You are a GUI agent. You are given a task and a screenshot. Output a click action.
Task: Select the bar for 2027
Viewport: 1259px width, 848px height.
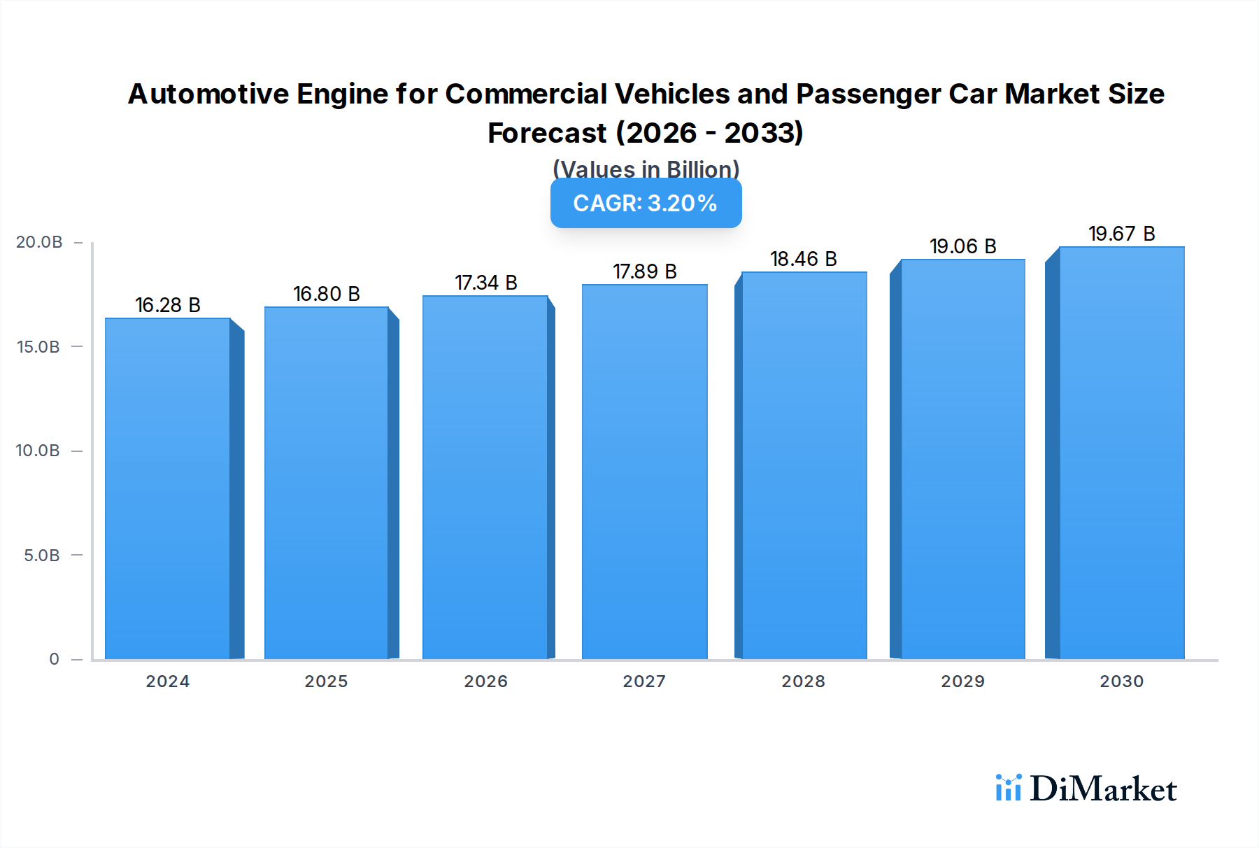(x=644, y=472)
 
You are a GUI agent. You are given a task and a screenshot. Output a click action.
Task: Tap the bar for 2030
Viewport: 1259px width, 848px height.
(x=1121, y=453)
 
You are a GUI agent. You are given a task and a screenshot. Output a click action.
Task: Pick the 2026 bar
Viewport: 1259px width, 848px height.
(x=485, y=477)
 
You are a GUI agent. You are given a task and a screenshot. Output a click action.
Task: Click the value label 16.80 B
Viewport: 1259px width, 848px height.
(x=326, y=294)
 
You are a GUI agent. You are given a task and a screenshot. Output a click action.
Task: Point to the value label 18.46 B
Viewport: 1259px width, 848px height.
(x=803, y=259)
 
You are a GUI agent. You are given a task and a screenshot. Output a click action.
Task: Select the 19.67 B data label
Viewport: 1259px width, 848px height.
(x=1121, y=234)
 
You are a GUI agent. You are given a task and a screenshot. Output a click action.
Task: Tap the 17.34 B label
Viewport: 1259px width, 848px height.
(x=485, y=283)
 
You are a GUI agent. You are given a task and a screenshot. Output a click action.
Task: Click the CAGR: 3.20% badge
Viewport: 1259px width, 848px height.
(x=646, y=203)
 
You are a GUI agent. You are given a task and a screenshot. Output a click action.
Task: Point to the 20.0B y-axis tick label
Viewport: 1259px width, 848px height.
(x=39, y=242)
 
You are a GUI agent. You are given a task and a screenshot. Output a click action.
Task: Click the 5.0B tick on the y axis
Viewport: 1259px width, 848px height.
(x=42, y=556)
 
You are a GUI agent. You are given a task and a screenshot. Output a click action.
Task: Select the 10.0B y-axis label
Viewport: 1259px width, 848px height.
(x=38, y=451)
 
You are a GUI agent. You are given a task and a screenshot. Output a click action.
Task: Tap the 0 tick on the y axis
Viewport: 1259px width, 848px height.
(x=54, y=659)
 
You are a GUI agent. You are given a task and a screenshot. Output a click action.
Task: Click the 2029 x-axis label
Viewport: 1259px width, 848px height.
(x=962, y=681)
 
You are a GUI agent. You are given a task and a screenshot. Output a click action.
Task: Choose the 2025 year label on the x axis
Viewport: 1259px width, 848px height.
(x=326, y=681)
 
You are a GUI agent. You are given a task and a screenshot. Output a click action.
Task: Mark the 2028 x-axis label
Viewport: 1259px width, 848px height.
(x=803, y=681)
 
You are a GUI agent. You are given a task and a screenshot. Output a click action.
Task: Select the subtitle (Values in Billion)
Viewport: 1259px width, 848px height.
(x=646, y=169)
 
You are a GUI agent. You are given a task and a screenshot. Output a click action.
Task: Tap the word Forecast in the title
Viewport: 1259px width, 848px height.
(x=547, y=133)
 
